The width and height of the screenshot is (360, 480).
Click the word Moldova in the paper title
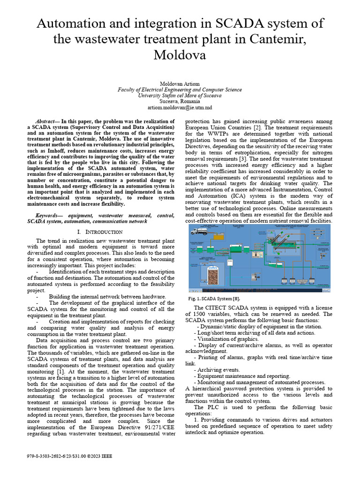tap(180, 55)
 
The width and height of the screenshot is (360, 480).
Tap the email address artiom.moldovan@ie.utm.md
tap(180, 107)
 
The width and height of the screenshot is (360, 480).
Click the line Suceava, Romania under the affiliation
tap(180, 101)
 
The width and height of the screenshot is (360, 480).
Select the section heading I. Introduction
tap(100, 232)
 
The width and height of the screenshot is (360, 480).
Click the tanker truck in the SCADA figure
tap(199, 230)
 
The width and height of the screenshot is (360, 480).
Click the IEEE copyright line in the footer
tap(70, 456)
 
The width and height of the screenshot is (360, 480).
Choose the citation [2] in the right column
tap(257, 127)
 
